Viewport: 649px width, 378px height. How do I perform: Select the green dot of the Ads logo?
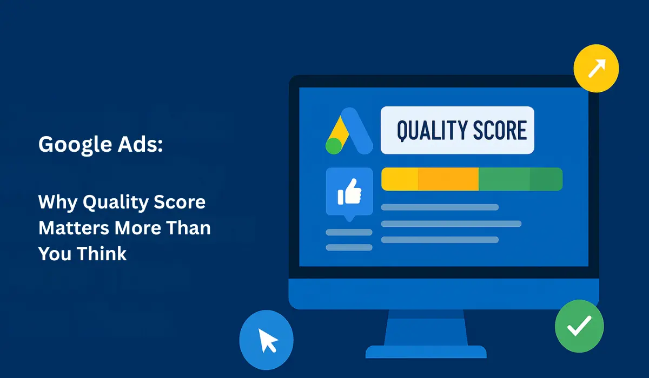[x=334, y=146]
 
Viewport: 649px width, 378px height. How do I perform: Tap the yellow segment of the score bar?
[x=400, y=179]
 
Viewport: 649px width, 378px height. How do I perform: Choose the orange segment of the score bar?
[x=448, y=179]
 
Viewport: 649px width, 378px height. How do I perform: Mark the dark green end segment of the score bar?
[x=546, y=179]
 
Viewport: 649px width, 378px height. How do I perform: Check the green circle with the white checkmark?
[x=579, y=327]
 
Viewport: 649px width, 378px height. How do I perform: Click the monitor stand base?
[x=426, y=352]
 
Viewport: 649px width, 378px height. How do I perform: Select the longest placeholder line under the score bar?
[x=451, y=224]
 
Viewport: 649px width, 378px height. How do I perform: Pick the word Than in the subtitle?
[x=188, y=228]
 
